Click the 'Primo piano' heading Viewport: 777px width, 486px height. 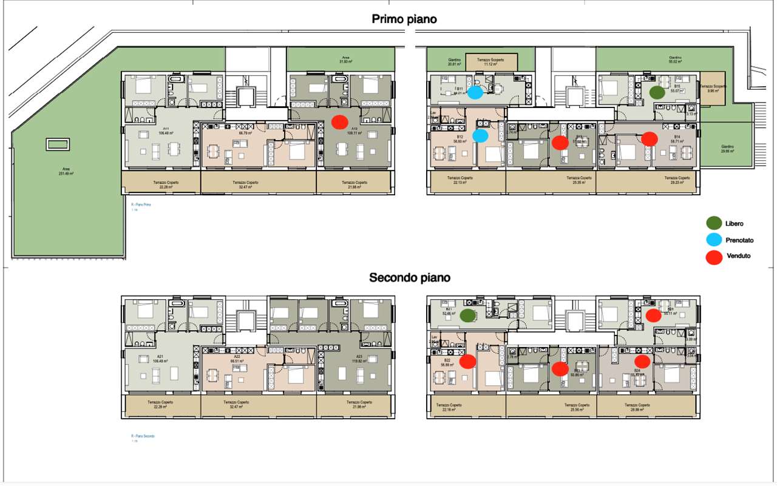[x=404, y=19]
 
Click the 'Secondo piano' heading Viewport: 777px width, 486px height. [x=410, y=278]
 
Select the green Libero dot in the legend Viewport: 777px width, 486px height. [x=714, y=224]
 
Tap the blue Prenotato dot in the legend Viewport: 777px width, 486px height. [x=714, y=240]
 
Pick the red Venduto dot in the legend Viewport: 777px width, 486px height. [x=714, y=257]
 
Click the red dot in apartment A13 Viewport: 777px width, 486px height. [x=339, y=121]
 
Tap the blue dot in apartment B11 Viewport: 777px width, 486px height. [x=475, y=92]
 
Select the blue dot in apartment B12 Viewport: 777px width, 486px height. [x=480, y=136]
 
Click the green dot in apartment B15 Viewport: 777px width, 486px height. [x=656, y=92]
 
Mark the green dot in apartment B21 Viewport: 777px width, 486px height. [x=467, y=316]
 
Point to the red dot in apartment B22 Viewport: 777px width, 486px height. [x=467, y=362]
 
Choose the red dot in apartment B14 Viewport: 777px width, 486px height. [x=650, y=138]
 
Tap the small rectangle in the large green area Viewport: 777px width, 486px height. [x=58, y=145]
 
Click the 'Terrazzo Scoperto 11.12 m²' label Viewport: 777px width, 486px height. [x=492, y=62]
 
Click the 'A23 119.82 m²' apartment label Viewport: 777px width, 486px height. [x=359, y=359]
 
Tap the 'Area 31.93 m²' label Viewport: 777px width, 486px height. [x=345, y=60]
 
